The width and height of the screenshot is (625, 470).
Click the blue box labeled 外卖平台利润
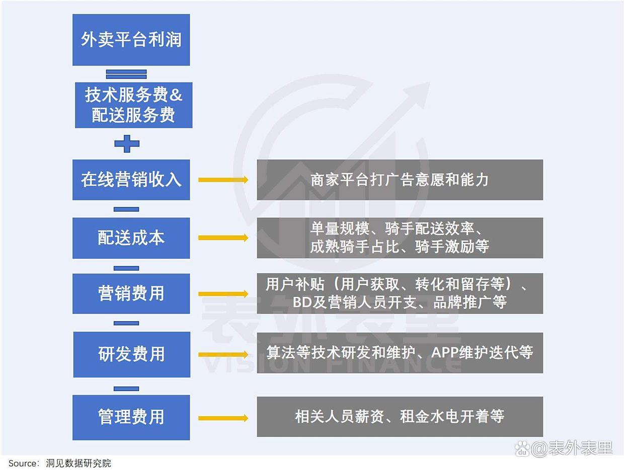point(131,40)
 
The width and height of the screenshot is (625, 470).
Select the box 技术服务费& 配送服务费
point(133,105)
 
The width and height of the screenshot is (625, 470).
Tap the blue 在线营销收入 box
point(131,180)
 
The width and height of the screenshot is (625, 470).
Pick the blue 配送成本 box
point(131,238)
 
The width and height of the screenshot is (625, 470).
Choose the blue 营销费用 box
point(131,293)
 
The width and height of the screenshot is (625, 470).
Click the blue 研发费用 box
point(131,354)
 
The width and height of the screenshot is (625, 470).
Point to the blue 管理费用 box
point(131,417)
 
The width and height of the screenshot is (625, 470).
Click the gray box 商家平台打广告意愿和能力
point(400,180)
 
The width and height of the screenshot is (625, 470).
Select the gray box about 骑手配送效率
point(400,238)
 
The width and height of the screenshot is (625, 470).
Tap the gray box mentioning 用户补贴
point(400,293)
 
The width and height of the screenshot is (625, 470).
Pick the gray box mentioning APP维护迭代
point(400,353)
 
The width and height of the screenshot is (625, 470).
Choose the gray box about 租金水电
point(400,417)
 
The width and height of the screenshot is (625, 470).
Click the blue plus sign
point(127,143)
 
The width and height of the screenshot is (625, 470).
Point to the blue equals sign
point(126,74)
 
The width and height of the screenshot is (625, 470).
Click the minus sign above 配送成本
point(126,209)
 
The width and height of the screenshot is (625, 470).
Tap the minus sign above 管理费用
point(126,388)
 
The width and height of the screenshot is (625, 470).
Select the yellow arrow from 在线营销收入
point(223,180)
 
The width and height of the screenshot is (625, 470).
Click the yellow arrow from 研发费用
point(223,354)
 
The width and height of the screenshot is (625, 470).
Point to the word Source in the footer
point(23,463)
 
